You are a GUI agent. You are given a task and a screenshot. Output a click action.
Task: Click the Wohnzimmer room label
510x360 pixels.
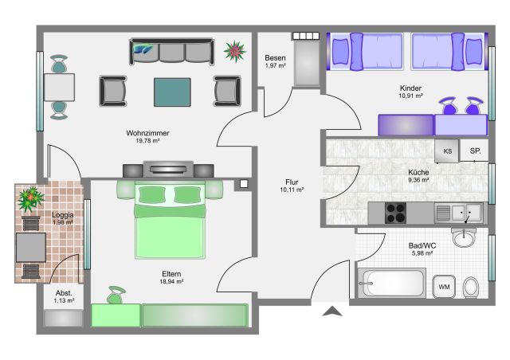[147, 133]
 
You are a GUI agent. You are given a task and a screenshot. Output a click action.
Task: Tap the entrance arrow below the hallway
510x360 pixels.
[332, 311]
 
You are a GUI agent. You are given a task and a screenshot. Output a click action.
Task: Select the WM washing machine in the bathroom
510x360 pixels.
[444, 287]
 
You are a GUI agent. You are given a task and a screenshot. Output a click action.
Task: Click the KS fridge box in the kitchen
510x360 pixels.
[447, 151]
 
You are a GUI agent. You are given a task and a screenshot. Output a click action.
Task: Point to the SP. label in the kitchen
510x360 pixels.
[475, 151]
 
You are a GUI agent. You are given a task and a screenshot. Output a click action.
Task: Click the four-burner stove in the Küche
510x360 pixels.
[395, 213]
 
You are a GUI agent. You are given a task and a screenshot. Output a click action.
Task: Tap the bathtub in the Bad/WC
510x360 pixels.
[391, 283]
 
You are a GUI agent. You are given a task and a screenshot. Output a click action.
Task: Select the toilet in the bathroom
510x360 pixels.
[471, 287]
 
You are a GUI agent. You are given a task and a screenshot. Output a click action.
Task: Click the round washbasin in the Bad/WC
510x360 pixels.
[464, 237]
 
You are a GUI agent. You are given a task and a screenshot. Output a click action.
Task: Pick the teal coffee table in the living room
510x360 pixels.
[172, 92]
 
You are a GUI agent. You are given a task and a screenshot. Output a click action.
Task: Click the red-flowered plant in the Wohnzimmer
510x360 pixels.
[234, 51]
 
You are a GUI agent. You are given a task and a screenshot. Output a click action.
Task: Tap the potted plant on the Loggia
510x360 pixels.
[31, 198]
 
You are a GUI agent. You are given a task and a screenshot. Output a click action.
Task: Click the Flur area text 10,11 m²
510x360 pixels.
[292, 190]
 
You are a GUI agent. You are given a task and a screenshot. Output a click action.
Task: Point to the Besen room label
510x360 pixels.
[275, 58]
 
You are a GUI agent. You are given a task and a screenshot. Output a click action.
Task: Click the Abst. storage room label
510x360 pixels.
[64, 293]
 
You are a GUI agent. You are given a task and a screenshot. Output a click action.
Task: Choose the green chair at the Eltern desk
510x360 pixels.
[116, 295]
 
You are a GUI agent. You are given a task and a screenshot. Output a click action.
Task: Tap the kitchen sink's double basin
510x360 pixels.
[466, 213]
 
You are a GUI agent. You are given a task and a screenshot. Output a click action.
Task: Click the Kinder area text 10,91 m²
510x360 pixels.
[410, 96]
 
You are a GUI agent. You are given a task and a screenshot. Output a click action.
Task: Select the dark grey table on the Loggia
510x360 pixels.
[31, 247]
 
